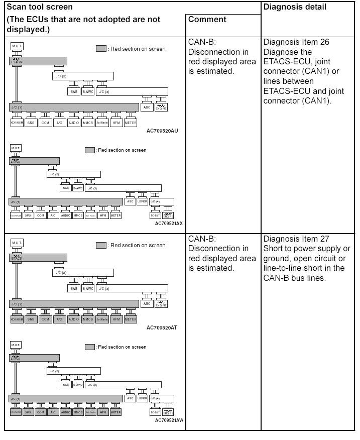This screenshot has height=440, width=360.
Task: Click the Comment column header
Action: coord(207,20)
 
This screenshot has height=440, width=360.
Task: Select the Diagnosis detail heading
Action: coord(295,7)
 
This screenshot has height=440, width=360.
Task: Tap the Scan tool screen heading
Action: coord(40,7)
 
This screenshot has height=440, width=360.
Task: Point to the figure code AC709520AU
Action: coord(162,131)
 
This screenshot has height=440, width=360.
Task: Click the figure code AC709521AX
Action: coord(169,223)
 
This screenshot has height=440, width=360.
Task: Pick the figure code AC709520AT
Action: coord(162,327)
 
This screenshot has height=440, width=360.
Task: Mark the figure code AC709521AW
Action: coord(169,420)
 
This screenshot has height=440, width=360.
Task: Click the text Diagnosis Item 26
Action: coord(296,42)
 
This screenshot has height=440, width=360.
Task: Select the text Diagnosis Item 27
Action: coord(296,239)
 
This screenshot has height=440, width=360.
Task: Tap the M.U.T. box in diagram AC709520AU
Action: coord(17,46)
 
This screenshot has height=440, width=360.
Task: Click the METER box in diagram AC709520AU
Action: coord(131,123)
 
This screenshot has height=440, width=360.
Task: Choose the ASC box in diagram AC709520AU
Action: coord(147,107)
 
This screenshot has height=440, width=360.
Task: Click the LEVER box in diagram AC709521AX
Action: coord(143,201)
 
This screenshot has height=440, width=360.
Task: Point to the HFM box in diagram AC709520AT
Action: coord(116,319)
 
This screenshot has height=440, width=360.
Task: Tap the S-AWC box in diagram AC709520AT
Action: coord(88,289)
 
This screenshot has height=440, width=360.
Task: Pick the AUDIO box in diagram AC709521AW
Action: coord(66,412)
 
